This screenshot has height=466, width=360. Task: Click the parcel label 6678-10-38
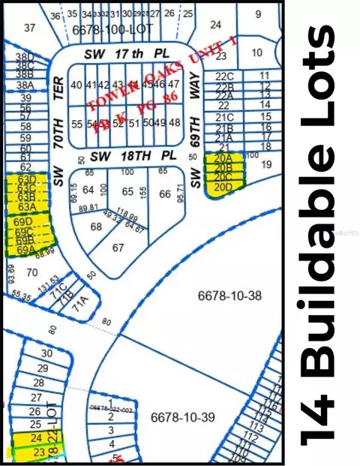[229, 296]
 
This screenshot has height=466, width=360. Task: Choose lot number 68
[96, 226]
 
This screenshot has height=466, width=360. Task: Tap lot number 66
[165, 194]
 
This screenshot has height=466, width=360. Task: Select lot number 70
[31, 272]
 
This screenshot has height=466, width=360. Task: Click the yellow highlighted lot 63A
[27, 207]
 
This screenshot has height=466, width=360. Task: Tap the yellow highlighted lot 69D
[25, 222]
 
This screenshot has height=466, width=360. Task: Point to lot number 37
[29, 28]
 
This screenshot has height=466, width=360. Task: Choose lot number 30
[46, 353]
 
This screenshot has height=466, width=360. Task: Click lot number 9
[258, 14]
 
